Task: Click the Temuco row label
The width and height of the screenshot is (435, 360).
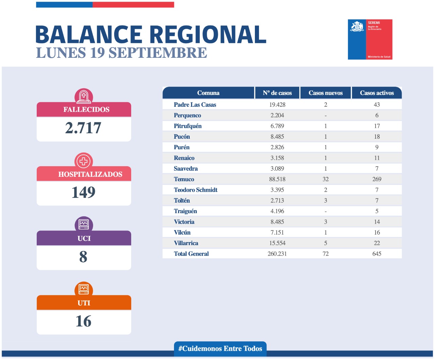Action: coord(184,179)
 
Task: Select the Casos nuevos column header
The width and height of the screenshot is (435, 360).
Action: coord(326,93)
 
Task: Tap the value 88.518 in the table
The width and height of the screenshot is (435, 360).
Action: coord(277,179)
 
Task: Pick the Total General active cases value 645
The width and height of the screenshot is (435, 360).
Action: coord(377,254)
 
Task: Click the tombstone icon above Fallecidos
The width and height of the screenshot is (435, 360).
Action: coord(84,97)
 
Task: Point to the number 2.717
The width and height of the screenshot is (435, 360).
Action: coord(83,128)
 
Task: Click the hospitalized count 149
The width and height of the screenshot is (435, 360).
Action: coord(83,192)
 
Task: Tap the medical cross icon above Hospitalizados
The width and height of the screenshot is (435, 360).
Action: coord(84,161)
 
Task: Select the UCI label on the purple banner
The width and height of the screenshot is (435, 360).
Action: coord(84,238)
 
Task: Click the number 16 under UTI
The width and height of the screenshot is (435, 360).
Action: coord(83,321)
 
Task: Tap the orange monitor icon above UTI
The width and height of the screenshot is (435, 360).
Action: coord(84,289)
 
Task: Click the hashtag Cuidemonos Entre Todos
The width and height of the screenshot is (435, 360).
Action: coord(220,348)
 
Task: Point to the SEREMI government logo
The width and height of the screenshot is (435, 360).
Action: coord(370,39)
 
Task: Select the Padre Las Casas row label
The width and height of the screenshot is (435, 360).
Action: coord(195,105)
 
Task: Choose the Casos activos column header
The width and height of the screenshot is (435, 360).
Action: coord(377,93)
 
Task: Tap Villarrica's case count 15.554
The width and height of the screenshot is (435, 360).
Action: coord(277,243)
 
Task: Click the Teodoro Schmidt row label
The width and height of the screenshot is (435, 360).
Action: coord(195,190)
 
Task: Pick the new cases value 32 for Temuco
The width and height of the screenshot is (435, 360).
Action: coord(326,179)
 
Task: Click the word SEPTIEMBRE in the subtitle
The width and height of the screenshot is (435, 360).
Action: coord(158,53)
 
